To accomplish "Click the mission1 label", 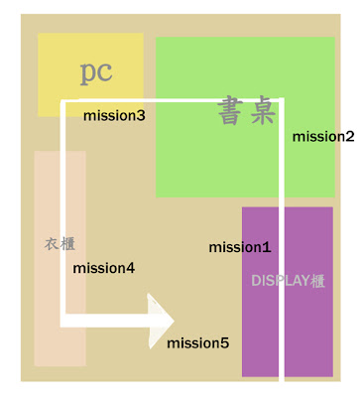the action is pos(240,247).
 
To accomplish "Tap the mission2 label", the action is pos(323,136).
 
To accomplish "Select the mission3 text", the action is pos(114,115).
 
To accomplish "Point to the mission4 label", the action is pos(104,268).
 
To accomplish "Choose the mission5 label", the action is pos(197,343).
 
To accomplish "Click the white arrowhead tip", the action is pos(175,321).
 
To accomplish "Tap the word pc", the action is pos(96,73).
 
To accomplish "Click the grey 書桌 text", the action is pos(247,110).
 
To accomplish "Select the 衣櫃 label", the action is pos(60,244).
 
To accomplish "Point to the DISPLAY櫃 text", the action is pos(289,281).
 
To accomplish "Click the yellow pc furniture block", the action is pos(90,74).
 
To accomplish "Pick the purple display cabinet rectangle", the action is pos(288,292).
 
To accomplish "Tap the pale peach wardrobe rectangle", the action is pos(60,258).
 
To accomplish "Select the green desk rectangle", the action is pos(245,117).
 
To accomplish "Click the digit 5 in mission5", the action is pos(224,343).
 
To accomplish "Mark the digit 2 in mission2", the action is pos(350,136).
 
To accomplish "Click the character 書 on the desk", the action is pos(230,110).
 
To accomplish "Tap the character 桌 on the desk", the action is pos(263,110).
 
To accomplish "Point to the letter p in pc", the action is pos(88,74).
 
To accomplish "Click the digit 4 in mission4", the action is pos(130,268).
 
